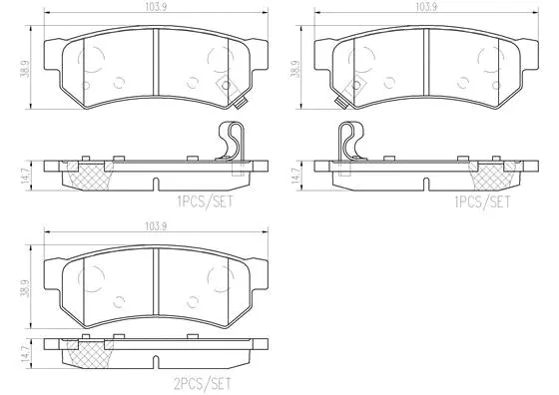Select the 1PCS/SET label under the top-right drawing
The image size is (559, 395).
[483, 200]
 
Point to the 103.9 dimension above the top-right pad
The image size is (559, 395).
[425, 7]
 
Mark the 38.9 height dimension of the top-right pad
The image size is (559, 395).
[295, 72]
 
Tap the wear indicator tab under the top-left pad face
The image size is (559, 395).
[241, 100]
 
